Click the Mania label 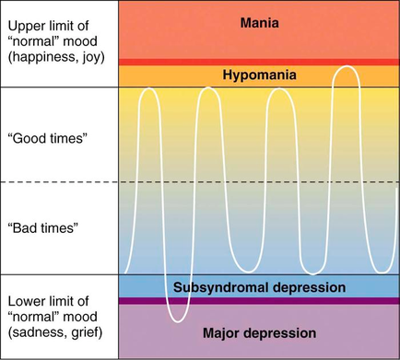(259, 22)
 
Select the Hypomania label (259, 75)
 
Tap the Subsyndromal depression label (259, 287)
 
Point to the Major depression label (259, 332)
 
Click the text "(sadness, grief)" (53, 333)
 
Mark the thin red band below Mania (259, 62)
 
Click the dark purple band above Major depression (259, 300)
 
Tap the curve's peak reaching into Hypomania (347, 67)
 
